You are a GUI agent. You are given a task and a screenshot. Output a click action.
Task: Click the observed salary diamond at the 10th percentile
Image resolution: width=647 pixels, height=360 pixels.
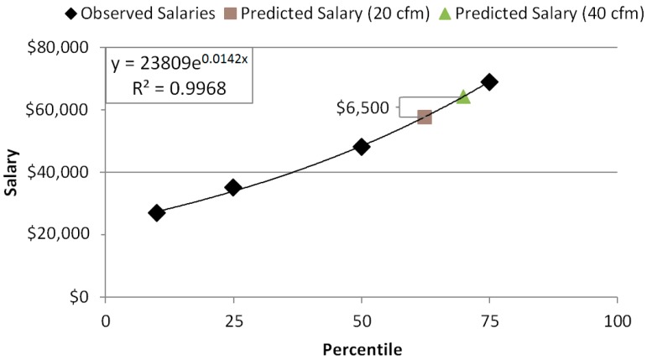click(x=157, y=213)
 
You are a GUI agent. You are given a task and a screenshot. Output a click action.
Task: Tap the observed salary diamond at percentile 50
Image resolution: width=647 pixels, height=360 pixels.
click(x=362, y=147)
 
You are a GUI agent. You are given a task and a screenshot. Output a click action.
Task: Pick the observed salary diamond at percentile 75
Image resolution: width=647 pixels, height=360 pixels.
click(x=489, y=82)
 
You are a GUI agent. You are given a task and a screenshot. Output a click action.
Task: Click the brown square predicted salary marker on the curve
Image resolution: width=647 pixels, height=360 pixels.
click(x=425, y=117)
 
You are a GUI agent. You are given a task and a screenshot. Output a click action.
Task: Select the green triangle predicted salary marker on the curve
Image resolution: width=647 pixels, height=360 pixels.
click(x=463, y=97)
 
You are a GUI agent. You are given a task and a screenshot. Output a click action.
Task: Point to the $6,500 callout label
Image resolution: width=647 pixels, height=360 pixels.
click(x=363, y=108)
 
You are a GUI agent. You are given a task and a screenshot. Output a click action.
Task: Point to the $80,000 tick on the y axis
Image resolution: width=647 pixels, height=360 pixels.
click(x=65, y=48)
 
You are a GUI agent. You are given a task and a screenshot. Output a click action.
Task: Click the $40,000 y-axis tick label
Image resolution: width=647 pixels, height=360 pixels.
click(x=65, y=172)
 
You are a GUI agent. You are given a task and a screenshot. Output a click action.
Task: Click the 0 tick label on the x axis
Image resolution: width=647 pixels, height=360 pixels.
click(x=106, y=320)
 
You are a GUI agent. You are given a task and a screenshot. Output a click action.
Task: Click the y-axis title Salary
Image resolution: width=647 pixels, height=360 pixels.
click(x=12, y=173)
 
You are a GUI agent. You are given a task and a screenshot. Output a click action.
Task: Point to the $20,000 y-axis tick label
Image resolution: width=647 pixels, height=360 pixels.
click(x=65, y=234)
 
